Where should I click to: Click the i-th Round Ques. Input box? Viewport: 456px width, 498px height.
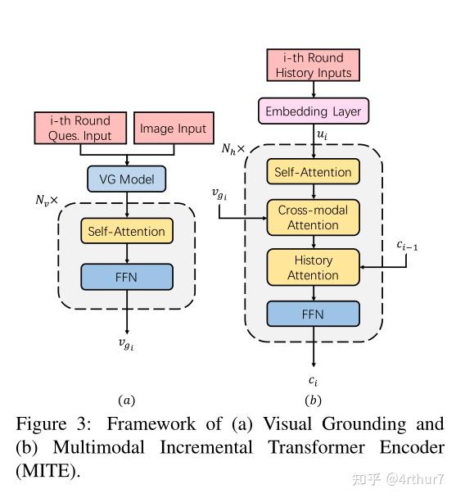tap(79, 129)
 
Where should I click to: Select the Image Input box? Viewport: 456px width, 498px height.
tap(173, 129)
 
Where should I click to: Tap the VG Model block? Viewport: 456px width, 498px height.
tap(126, 179)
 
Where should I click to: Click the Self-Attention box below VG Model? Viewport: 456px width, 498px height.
tap(127, 231)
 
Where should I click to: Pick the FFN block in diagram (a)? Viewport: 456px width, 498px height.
tap(127, 277)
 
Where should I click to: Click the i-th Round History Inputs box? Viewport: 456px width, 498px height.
tap(314, 66)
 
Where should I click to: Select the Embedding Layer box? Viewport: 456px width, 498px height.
tap(314, 111)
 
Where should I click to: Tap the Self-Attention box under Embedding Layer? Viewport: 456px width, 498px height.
tap(314, 172)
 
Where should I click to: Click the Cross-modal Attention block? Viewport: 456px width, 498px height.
tap(314, 217)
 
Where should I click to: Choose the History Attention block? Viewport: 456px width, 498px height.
tap(314, 267)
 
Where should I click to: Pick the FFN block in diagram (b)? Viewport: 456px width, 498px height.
tap(314, 315)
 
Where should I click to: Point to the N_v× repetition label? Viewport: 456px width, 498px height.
tap(48, 200)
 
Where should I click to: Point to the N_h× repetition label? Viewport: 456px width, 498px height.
tap(235, 150)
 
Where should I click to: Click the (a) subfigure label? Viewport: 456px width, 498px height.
tap(126, 400)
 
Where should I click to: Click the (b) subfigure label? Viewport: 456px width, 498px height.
tap(313, 400)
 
